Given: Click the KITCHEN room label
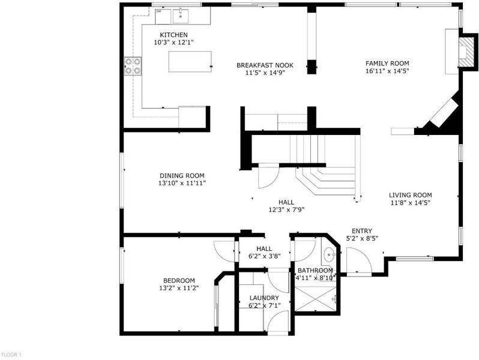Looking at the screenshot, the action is click(174, 35).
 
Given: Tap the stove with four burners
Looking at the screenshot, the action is click(133, 66).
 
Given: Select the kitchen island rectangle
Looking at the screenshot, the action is click(190, 62).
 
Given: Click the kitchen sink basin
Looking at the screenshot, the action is click(181, 16).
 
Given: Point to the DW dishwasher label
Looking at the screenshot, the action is click(159, 11).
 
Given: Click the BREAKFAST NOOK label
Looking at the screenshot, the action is click(265, 65).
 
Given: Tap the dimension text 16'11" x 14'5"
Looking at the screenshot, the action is click(387, 71).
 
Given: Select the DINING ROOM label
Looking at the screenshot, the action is click(182, 176).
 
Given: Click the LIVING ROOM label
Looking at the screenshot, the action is click(410, 195).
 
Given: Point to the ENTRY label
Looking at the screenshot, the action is click(362, 231).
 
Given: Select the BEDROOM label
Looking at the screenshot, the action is click(179, 281).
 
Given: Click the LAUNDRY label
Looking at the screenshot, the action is click(264, 298).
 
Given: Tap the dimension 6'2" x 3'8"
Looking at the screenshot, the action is click(265, 256).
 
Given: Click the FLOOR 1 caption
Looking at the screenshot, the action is click(11, 355).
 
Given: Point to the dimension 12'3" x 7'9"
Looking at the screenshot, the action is click(286, 210).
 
